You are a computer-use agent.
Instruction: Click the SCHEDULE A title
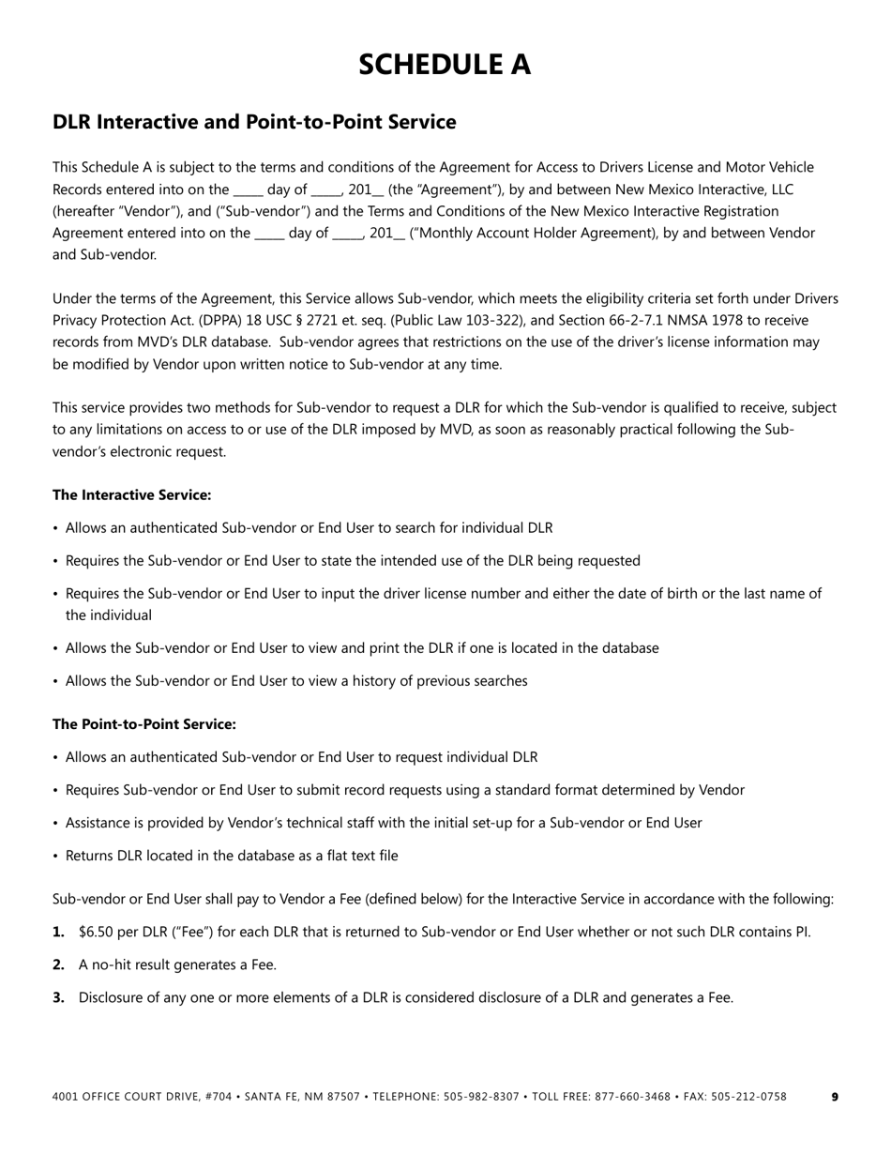445,64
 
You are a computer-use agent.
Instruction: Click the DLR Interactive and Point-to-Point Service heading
254,122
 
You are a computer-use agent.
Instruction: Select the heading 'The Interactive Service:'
131,494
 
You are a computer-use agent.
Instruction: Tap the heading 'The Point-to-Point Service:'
143,724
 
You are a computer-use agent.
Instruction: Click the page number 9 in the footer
835,1097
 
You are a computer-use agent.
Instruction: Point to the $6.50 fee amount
98,932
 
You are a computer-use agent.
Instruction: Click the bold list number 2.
58,964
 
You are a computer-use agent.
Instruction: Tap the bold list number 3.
58,997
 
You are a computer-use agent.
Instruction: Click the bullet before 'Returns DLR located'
56,856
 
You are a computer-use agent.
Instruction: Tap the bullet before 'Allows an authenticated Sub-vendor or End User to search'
56,528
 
